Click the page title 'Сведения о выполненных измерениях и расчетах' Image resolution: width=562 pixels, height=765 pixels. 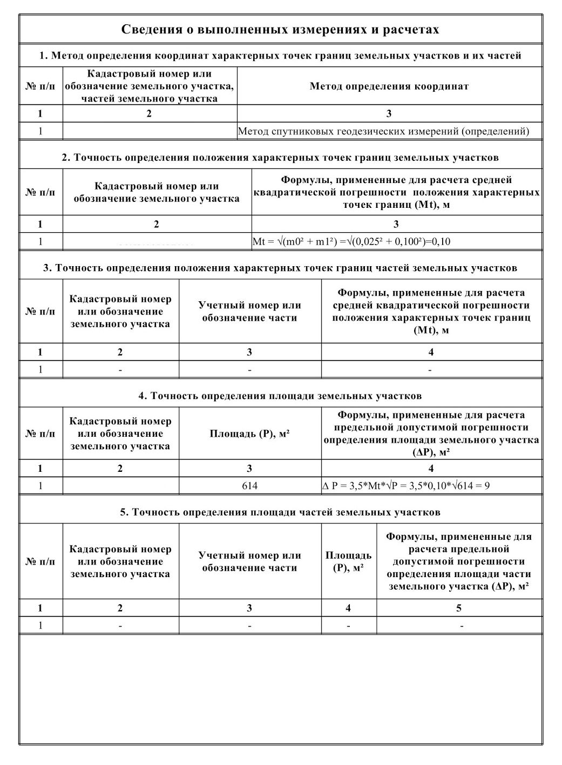(280, 29)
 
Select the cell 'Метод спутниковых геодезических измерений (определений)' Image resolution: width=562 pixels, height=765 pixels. (383, 131)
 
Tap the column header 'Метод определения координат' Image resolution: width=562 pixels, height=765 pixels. (389, 86)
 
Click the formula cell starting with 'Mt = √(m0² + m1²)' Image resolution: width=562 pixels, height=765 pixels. (351, 242)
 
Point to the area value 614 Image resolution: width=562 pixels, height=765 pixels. (249, 486)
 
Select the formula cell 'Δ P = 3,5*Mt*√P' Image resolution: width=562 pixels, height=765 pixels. (406, 486)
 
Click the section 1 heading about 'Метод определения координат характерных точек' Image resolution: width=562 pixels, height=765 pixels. (280, 56)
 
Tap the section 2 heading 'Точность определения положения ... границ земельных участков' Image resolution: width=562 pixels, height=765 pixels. (280, 158)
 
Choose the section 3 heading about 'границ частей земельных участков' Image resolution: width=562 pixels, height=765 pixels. (280, 268)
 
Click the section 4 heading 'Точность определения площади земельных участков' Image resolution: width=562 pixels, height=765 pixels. (280, 396)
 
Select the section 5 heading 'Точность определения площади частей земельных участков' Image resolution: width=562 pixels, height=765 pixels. (280, 512)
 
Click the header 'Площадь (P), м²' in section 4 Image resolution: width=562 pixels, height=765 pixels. (249, 434)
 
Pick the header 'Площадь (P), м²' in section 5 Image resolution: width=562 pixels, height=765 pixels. (348, 561)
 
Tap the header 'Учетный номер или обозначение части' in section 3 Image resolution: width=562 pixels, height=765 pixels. (249, 312)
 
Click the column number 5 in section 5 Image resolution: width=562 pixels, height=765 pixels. (459, 608)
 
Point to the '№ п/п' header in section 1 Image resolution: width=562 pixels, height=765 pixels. (40, 86)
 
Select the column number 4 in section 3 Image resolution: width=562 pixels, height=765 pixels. (431, 353)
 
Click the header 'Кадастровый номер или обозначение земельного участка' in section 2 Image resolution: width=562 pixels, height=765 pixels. (157, 192)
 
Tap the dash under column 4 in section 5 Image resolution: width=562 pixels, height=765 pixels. (348, 626)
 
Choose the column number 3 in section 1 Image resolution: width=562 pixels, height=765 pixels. (389, 114)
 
